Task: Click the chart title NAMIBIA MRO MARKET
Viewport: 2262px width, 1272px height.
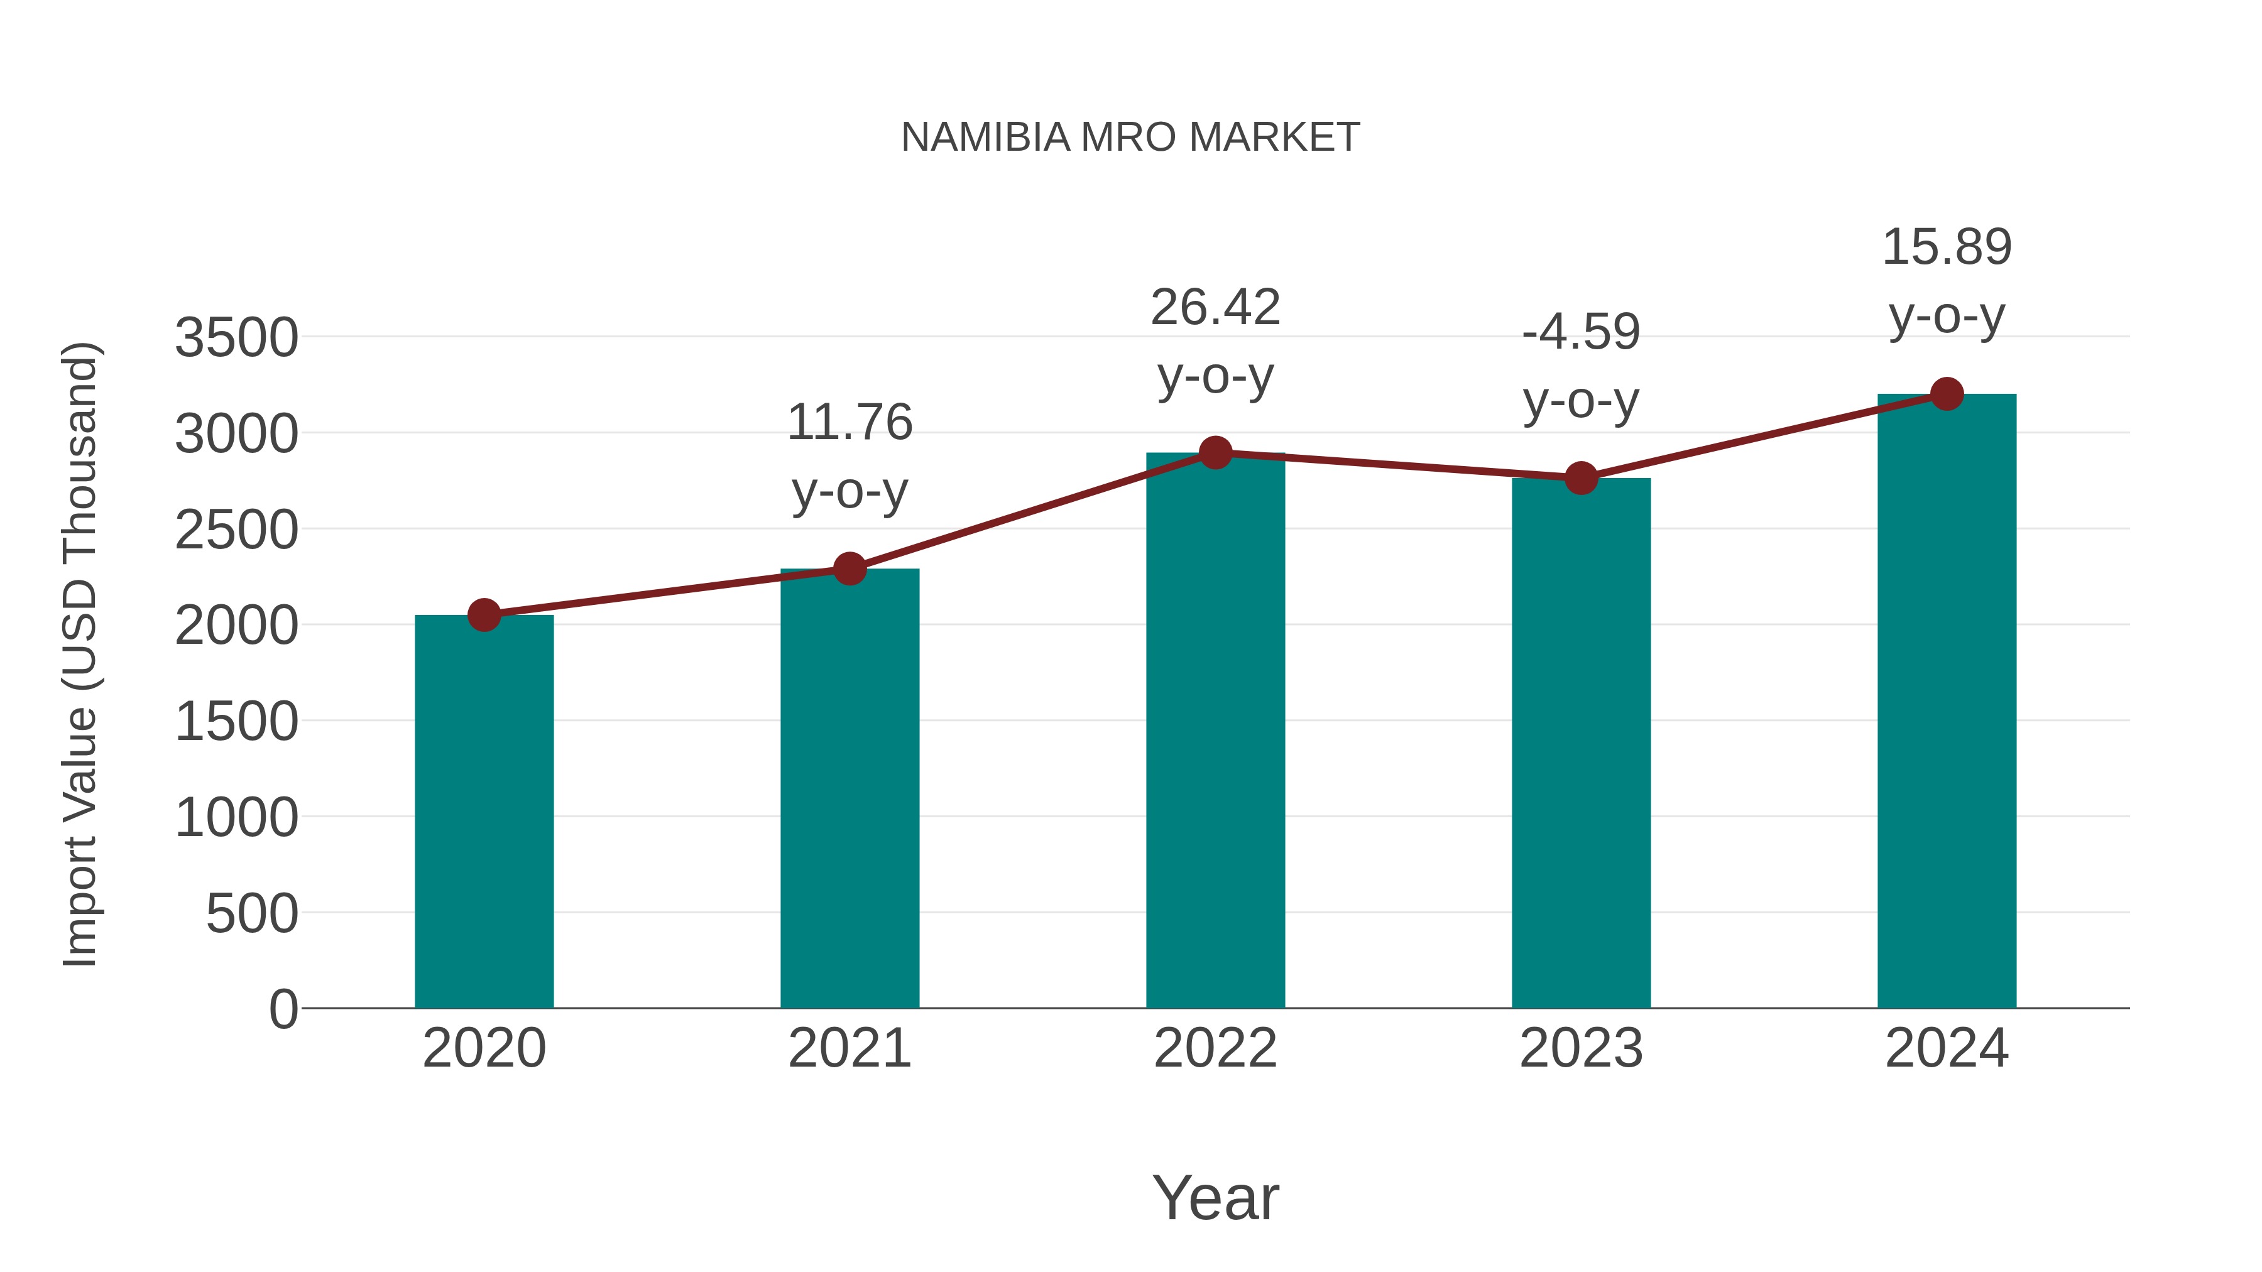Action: (x=1130, y=138)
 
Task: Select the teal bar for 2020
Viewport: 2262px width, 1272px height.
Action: (x=484, y=812)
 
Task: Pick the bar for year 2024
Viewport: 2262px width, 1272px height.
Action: (x=1947, y=702)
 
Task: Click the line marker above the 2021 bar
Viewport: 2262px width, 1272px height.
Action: (x=849, y=569)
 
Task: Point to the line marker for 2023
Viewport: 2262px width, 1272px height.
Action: (x=1581, y=479)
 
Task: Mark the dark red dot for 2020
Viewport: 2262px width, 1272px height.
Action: (x=484, y=616)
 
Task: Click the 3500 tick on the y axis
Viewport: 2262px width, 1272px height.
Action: (x=236, y=338)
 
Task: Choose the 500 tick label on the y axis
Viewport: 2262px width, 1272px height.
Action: (x=251, y=914)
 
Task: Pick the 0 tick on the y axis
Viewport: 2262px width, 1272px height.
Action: (x=283, y=1009)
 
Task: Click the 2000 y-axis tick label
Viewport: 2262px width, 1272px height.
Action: (x=236, y=626)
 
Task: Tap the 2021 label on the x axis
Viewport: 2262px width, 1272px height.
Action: (x=849, y=1048)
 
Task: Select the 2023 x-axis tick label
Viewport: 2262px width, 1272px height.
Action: (x=1581, y=1048)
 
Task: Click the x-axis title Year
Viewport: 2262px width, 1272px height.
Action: (x=1215, y=1197)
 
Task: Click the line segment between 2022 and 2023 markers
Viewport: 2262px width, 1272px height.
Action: (x=1398, y=466)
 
